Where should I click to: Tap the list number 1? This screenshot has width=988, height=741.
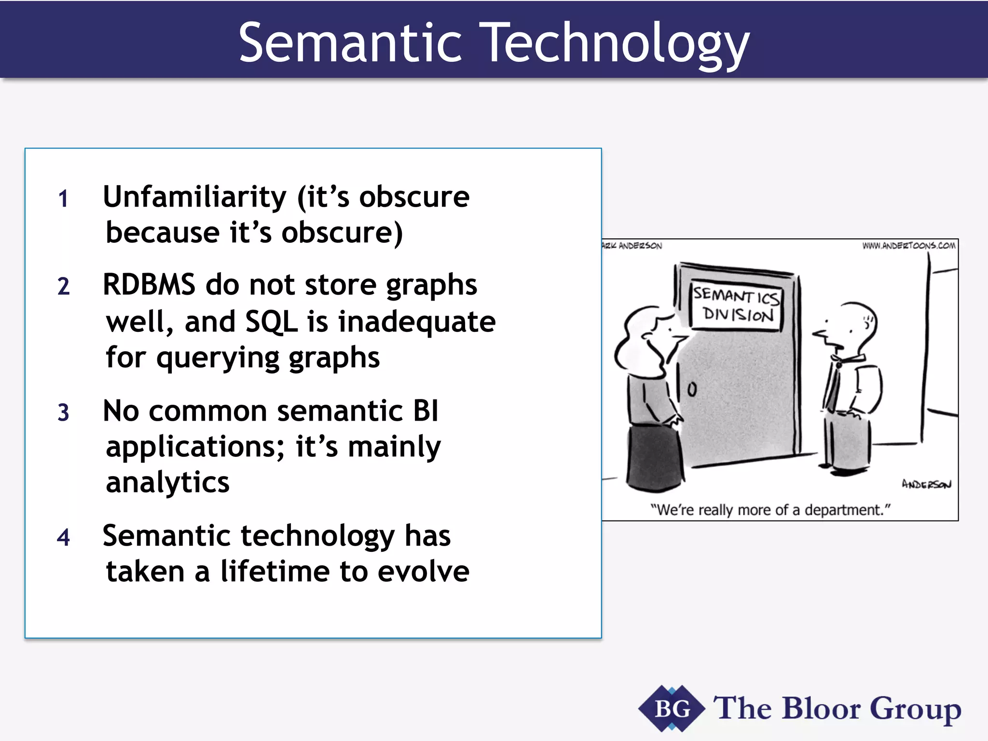[x=63, y=199]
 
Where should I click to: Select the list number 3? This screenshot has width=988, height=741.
[x=63, y=413]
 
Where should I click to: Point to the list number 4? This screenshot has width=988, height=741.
[x=63, y=537]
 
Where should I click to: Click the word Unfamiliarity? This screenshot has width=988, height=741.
[x=195, y=197]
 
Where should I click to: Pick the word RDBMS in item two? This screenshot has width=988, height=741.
[x=149, y=285]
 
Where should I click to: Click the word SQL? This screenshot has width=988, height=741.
[x=271, y=321]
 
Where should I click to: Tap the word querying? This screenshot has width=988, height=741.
[x=218, y=358]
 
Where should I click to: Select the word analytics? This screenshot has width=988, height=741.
[x=167, y=482]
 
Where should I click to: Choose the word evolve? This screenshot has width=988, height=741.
[x=423, y=571]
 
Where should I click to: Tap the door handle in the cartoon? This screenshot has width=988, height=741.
[x=692, y=389]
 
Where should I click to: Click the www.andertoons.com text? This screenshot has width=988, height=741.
[x=908, y=246]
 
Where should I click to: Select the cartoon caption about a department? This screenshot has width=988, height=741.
[x=770, y=510]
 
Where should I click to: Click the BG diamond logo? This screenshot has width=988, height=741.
[x=672, y=709]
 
